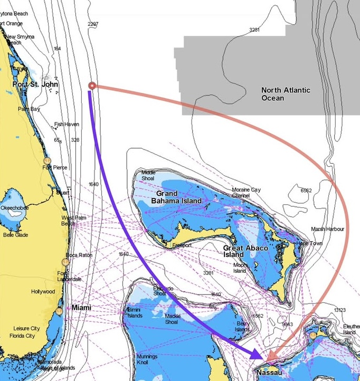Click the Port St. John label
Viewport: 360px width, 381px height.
coord(35,84)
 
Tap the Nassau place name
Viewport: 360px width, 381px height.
coord(269,373)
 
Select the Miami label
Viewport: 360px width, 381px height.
coord(81,308)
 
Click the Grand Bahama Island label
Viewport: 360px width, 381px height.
coord(176,197)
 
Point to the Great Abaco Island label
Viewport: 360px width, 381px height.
coord(241,251)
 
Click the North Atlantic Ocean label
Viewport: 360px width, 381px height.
coord(286,94)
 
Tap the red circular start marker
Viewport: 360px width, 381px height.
coord(92,85)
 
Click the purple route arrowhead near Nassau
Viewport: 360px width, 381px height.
coord(256,354)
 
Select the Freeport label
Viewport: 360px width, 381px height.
coord(182,245)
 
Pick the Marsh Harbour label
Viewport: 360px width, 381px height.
coord(327,229)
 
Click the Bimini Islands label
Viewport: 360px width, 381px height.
coord(135,312)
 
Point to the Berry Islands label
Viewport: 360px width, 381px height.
coord(243,326)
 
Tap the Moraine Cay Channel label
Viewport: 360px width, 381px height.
coord(247,193)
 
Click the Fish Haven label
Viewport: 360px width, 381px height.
coord(67,125)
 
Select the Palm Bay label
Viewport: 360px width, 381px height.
coord(29,109)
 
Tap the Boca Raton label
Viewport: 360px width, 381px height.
coord(79,255)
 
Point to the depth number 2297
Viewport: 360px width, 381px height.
coord(93,24)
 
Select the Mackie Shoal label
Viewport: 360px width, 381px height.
coord(173,319)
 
